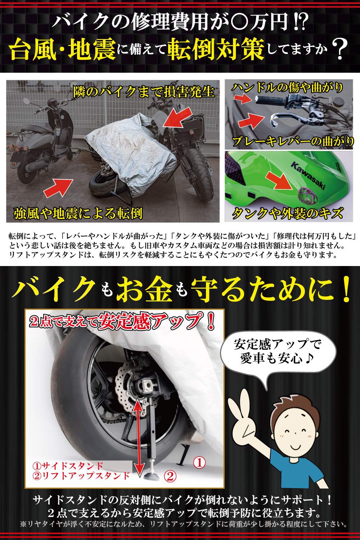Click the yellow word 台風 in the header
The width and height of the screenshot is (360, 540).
point(34,50)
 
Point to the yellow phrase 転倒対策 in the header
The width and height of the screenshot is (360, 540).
point(216,50)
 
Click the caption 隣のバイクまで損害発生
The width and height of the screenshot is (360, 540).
point(144,92)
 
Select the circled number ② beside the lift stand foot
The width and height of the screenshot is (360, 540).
point(170,476)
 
